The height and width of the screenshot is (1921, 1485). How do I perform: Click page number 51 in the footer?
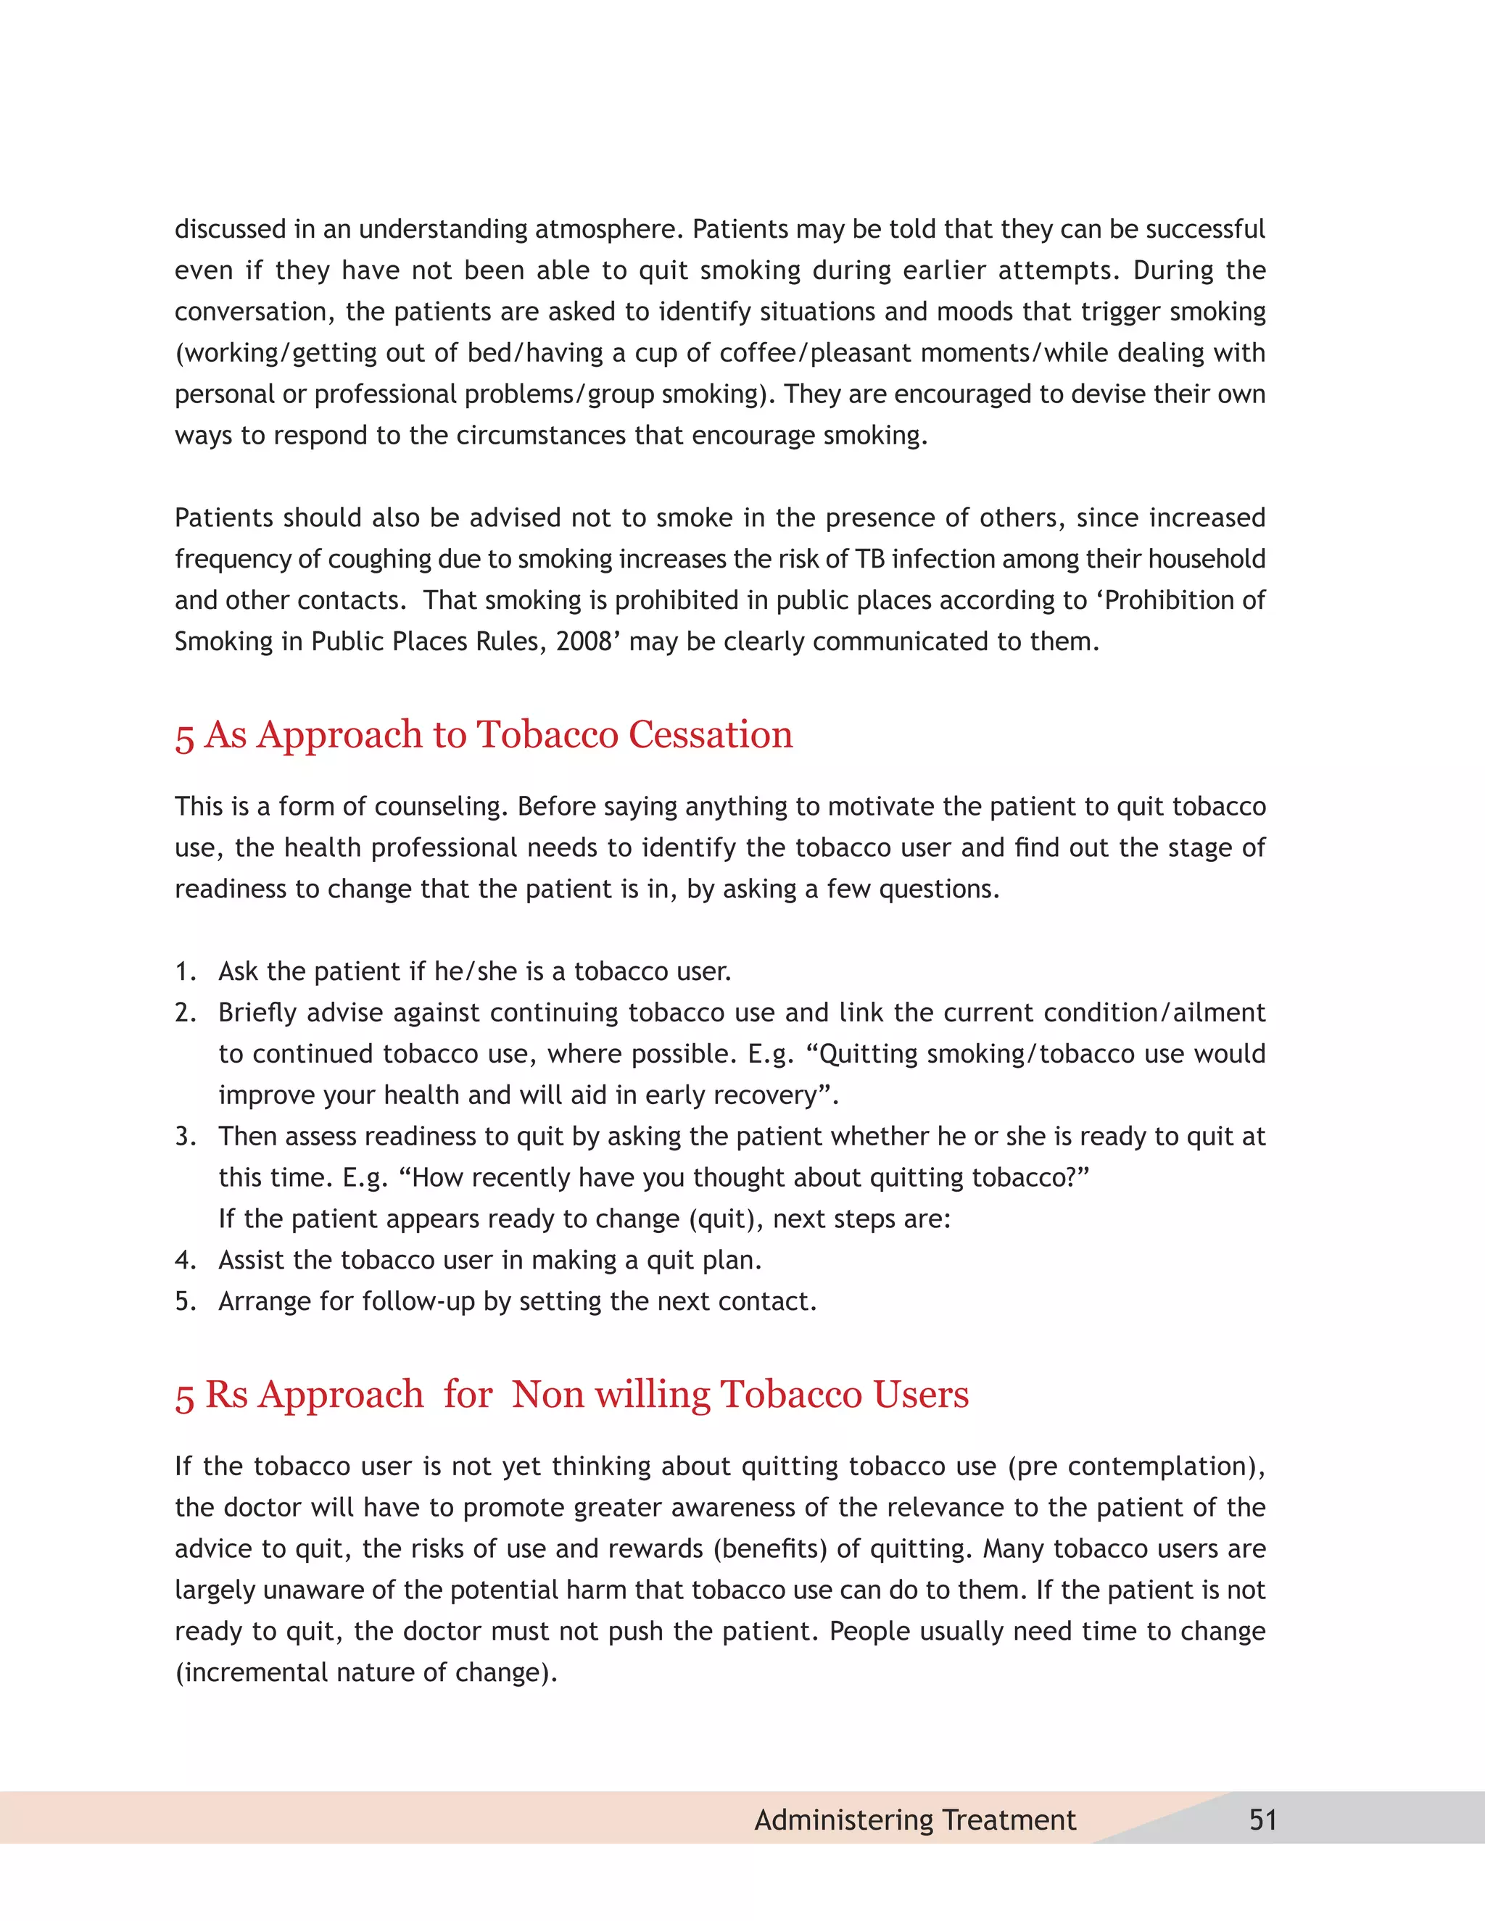pyautogui.click(x=1262, y=1819)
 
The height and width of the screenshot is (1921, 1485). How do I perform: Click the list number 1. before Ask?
pyautogui.click(x=185, y=971)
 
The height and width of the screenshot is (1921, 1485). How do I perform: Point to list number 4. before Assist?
pyautogui.click(x=185, y=1260)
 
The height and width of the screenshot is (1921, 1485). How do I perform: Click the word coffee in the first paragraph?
pyautogui.click(x=756, y=353)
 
